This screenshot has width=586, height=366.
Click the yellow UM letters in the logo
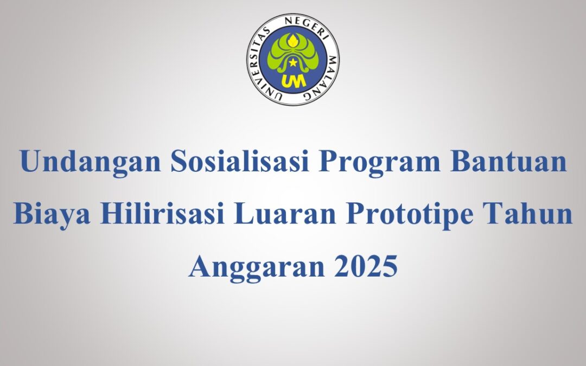pos(292,80)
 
